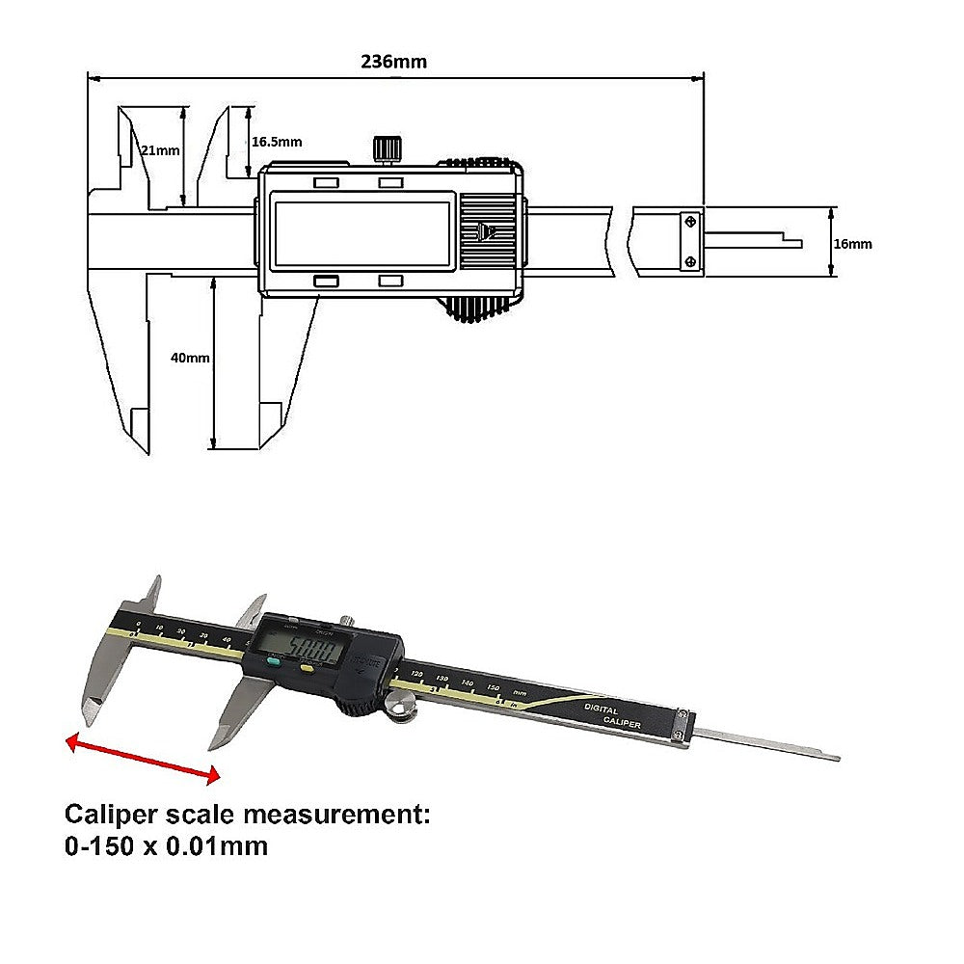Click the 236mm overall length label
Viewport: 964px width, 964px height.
click(x=393, y=62)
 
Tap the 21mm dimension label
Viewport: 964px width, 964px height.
click(x=160, y=150)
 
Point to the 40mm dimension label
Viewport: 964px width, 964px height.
click(x=190, y=358)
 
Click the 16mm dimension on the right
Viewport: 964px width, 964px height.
click(x=852, y=244)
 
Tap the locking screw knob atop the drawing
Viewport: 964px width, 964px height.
click(x=388, y=148)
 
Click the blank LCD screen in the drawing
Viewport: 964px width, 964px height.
click(x=363, y=231)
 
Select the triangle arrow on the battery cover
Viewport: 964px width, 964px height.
click(x=484, y=231)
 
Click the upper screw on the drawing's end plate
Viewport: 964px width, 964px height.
click(x=690, y=222)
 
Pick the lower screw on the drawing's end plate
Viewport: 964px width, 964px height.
click(x=690, y=261)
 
